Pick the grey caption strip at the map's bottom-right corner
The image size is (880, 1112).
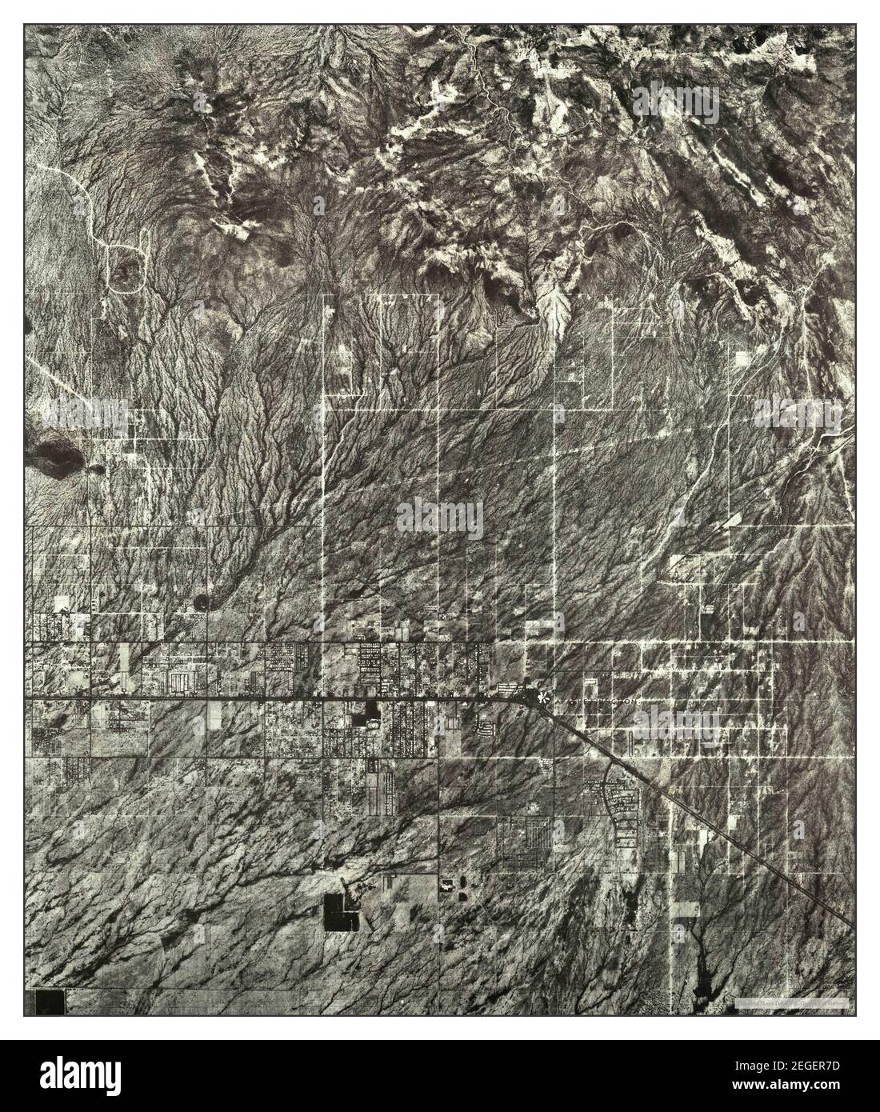click(788, 1002)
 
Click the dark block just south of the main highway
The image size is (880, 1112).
click(371, 711)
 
